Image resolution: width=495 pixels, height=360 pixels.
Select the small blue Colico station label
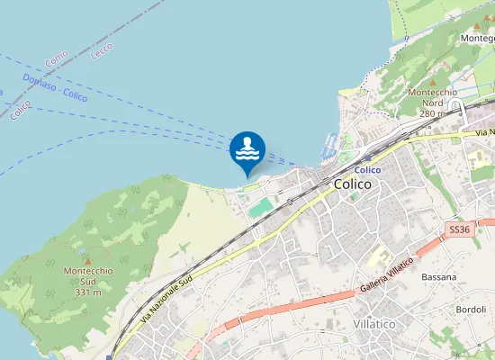click(x=367, y=170)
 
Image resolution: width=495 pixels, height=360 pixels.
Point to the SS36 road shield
click(x=459, y=230)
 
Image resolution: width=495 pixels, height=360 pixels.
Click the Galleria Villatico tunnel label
click(x=386, y=275)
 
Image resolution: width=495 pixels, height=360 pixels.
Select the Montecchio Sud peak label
click(x=87, y=276)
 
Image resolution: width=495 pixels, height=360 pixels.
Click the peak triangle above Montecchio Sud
click(x=87, y=260)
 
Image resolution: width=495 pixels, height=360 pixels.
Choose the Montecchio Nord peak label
click(x=433, y=97)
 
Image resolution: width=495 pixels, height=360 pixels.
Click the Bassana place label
click(x=439, y=277)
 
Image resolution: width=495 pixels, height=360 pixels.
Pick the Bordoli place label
click(x=471, y=310)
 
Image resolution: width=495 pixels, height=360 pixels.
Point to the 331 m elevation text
click(x=87, y=292)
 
